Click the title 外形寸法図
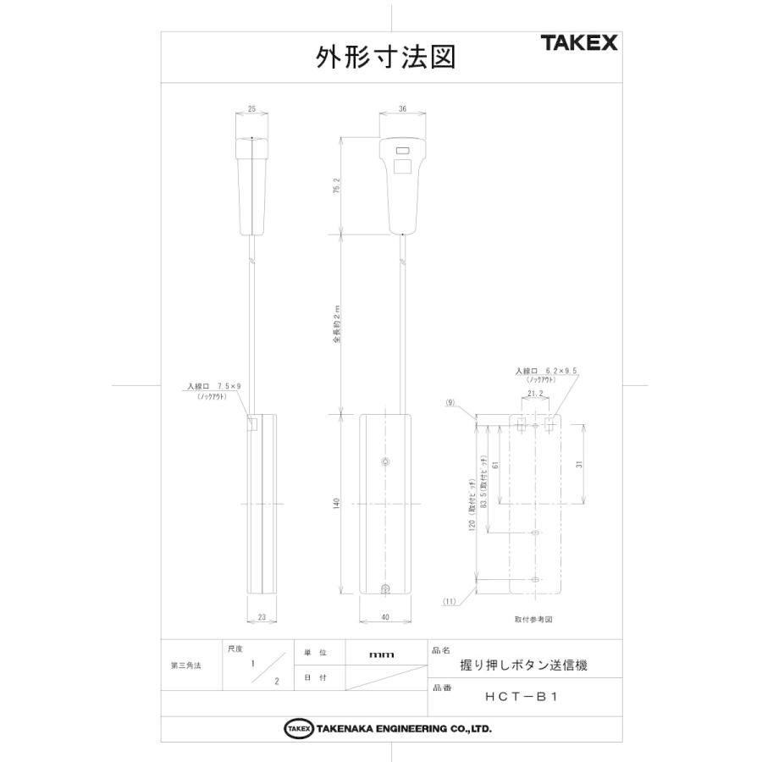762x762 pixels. (385, 57)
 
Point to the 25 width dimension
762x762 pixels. (252, 109)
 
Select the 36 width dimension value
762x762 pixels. (402, 109)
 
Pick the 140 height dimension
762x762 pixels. (337, 505)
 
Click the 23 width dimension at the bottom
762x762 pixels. (262, 618)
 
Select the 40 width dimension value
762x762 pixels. (385, 618)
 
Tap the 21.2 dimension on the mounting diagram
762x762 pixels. (535, 394)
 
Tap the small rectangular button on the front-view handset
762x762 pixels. (402, 153)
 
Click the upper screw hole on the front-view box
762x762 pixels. (386, 462)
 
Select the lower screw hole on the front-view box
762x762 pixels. (386, 589)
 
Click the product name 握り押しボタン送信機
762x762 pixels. (523, 665)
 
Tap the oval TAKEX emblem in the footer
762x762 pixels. (299, 728)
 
